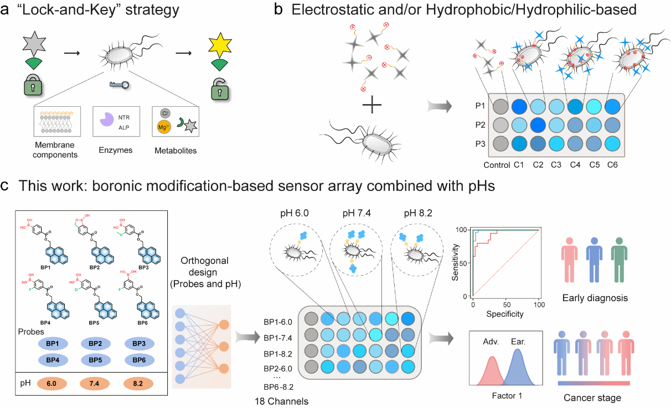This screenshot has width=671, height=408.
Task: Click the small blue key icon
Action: [x=120, y=85]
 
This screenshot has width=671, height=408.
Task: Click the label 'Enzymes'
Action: [x=116, y=150]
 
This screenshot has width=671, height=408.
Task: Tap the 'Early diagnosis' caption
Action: [x=595, y=298]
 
